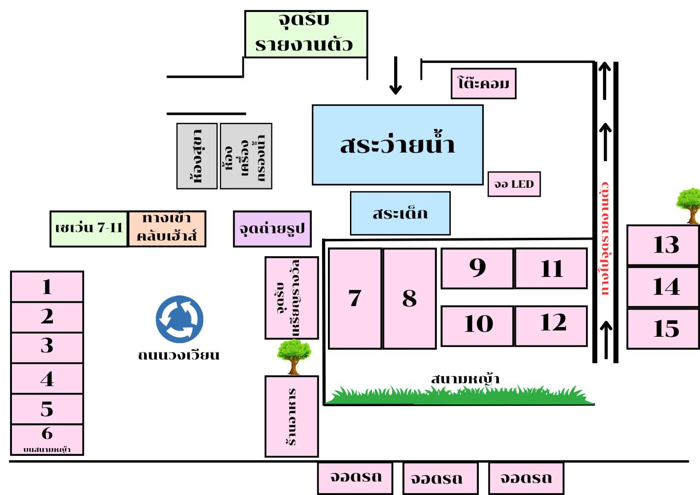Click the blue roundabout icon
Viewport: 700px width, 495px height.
[179, 319]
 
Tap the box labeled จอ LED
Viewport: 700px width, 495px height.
[514, 184]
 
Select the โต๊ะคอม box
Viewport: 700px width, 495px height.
[483, 84]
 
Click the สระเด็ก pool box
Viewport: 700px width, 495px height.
[400, 213]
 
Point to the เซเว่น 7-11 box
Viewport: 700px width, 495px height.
[89, 229]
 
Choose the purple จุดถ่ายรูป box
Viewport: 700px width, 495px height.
[272, 229]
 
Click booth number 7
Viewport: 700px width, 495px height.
[355, 299]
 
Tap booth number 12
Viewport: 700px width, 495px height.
[551, 326]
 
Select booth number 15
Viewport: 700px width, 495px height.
[663, 329]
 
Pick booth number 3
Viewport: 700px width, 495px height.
[47, 347]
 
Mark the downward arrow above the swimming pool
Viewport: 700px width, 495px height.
[396, 76]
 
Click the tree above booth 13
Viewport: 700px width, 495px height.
[689, 205]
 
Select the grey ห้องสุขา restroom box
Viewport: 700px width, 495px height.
[197, 156]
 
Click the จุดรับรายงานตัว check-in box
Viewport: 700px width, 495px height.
[306, 34]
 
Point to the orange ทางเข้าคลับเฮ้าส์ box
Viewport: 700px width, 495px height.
[166, 229]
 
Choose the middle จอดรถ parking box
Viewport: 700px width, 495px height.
[440, 478]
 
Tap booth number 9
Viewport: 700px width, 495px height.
[477, 268]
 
